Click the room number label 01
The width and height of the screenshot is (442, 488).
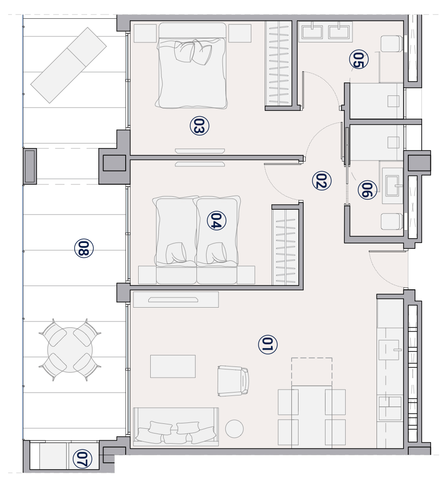pos(268,344)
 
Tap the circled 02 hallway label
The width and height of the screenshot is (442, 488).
pos(322,180)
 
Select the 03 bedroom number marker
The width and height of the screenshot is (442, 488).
pos(199,126)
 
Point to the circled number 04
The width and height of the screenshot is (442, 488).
pos(216,221)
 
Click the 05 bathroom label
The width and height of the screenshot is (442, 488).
pos(359,59)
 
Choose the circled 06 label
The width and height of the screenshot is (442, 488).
pos(367,190)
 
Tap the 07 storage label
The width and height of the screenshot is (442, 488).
pos(82,459)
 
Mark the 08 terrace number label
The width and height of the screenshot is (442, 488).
pos(84,248)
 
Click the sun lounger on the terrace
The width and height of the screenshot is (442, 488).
pos(68,65)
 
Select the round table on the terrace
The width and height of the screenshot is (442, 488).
pos(70,350)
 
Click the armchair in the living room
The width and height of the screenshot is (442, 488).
pos(233,380)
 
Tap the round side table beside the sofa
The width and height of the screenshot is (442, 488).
pos(234,429)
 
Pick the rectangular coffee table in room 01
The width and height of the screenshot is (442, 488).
pos(173,366)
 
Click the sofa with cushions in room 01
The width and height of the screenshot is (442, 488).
pos(176,427)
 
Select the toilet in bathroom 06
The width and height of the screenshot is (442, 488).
pos(392,221)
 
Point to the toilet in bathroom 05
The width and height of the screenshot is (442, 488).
pos(392,43)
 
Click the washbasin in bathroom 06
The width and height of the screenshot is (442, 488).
pos(392,186)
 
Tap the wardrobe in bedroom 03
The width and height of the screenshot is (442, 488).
pos(278,63)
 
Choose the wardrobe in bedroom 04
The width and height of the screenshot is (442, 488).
pos(286,247)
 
